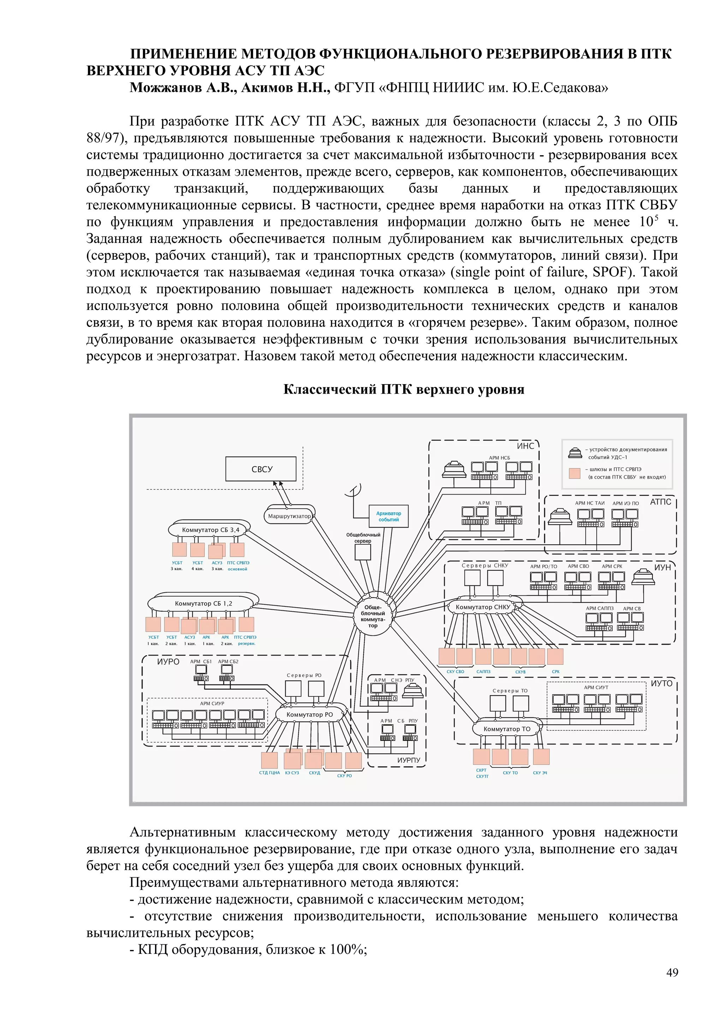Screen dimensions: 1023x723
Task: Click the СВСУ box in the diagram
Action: (x=261, y=469)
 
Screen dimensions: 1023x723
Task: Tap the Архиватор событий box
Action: (x=388, y=516)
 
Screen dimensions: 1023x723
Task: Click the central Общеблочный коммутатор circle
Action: (x=373, y=616)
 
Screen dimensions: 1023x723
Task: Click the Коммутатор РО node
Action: (x=310, y=714)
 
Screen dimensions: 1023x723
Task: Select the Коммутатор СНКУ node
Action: (x=483, y=607)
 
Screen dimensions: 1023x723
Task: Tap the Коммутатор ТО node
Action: (x=507, y=729)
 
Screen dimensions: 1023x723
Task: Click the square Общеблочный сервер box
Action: (x=363, y=552)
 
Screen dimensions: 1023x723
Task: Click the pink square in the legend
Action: (x=575, y=473)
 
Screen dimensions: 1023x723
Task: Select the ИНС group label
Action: (x=525, y=446)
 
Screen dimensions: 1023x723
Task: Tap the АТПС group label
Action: (x=660, y=502)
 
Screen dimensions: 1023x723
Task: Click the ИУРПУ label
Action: (x=408, y=760)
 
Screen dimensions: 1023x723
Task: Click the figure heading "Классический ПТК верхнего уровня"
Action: (x=404, y=389)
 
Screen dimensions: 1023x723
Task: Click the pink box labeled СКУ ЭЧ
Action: (x=541, y=756)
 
